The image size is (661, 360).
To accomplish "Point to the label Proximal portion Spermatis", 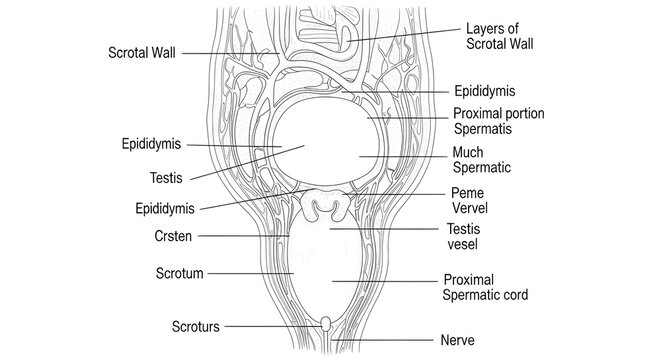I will point(498,122).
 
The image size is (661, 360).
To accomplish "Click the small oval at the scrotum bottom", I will point(327,324).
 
